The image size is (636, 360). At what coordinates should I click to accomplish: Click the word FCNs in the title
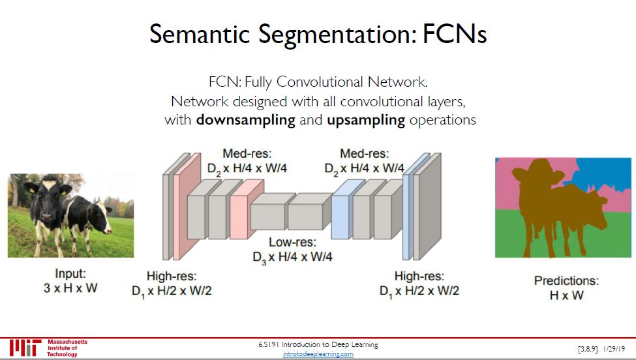pos(455,34)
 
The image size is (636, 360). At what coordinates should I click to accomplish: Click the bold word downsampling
pos(245,120)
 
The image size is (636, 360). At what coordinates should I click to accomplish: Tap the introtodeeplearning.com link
pos(318,353)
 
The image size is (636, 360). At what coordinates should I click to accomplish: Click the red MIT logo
pos(25,348)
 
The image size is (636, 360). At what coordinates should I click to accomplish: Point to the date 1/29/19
pos(615,349)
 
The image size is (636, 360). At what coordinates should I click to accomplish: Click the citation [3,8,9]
pos(588,349)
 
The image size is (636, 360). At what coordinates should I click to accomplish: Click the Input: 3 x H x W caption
pos(70,281)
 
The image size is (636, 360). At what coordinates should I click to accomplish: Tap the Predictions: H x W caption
pos(566,288)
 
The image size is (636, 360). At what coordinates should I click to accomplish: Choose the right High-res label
pos(419,282)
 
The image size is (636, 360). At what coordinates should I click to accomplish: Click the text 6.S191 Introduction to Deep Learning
pos(318,344)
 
